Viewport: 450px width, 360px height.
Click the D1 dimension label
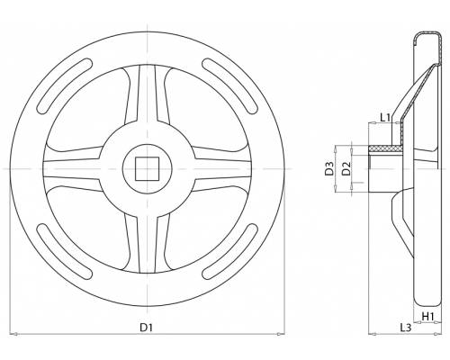(147, 328)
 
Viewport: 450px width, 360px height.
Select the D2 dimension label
(346, 168)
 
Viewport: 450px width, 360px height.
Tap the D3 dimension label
(329, 168)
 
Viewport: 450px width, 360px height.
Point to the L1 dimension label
(385, 117)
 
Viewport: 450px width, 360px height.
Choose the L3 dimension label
(405, 328)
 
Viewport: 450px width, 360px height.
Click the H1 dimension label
(427, 316)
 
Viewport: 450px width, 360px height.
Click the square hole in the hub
(147, 169)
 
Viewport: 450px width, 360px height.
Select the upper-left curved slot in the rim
(65, 85)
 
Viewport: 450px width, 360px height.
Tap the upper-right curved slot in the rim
(230, 85)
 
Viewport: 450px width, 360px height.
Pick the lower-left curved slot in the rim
(65, 251)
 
